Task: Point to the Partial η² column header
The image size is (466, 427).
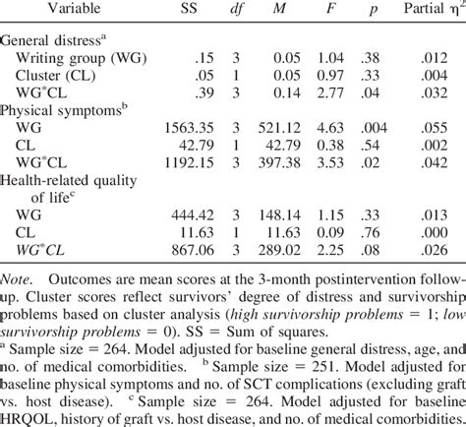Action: click(x=431, y=12)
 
